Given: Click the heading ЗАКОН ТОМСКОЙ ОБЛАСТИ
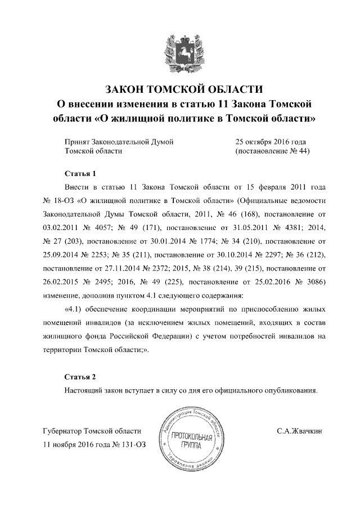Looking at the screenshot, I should [184, 89].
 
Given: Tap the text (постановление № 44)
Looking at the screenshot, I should [272, 151].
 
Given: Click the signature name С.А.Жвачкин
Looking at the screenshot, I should [299, 431].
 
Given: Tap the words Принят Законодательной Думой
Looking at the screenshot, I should [119, 141].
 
